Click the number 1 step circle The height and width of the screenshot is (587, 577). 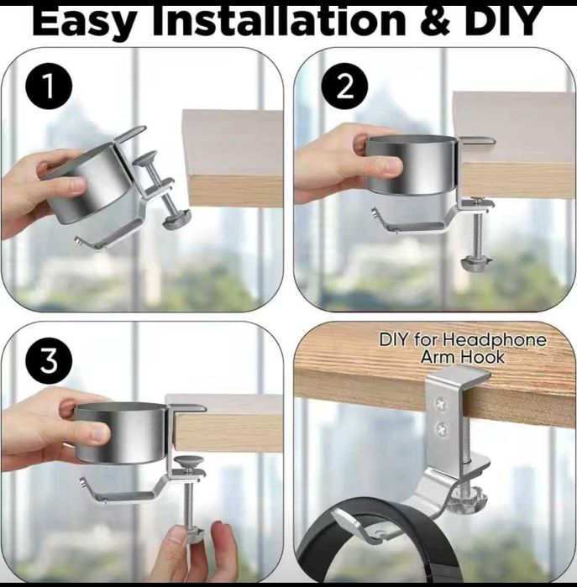49,86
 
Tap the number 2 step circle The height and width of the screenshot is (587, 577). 344,86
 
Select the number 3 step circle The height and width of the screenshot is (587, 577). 49,360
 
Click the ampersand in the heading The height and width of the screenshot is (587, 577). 435,21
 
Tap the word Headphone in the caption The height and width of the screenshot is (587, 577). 494,340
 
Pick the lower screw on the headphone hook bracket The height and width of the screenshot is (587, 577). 443,428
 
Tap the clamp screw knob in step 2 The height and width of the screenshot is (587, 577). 476,263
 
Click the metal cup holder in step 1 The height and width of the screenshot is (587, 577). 89,182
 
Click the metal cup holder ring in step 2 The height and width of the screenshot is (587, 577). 412,165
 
